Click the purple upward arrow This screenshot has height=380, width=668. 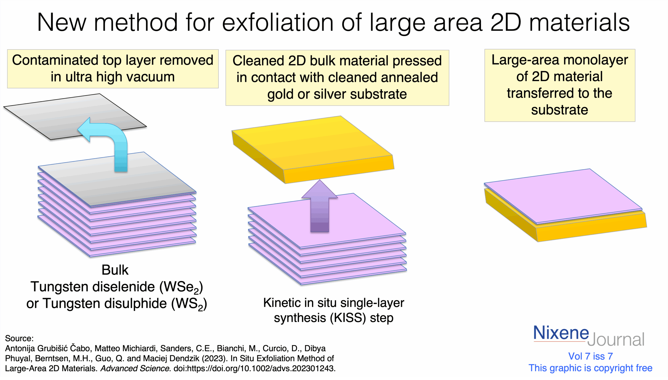(x=319, y=206)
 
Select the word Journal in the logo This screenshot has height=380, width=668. (x=616, y=339)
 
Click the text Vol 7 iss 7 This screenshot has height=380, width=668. (x=591, y=356)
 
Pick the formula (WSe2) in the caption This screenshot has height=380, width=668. (x=181, y=287)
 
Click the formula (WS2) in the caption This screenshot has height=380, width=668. (x=189, y=304)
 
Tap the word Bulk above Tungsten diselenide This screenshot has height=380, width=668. (x=115, y=270)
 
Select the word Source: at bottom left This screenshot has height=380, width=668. (x=19, y=339)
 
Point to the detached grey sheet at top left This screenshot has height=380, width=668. (x=75, y=117)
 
